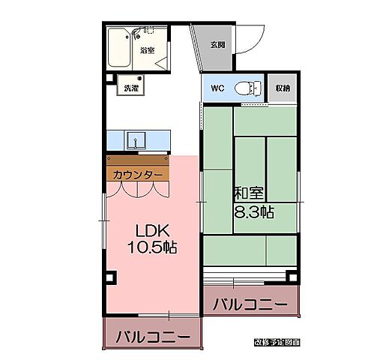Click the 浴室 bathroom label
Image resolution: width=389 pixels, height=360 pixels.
[x=147, y=51]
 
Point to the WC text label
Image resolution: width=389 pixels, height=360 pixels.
[x=217, y=88]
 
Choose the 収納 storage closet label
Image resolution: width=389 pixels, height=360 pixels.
[x=282, y=88]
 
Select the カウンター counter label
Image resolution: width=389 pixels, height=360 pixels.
[x=136, y=175]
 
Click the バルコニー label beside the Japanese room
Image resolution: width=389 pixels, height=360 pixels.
[x=250, y=305]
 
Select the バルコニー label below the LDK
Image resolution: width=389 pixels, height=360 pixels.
[x=153, y=335]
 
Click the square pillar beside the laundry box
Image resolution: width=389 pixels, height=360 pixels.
[x=109, y=77]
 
